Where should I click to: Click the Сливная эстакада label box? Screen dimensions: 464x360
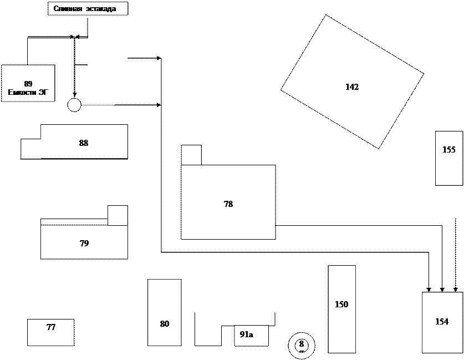88,9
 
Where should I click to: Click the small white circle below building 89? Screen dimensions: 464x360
74,105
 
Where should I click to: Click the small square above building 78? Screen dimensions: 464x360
191,155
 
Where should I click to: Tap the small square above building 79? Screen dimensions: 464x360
118,215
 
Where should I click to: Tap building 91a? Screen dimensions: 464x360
251,335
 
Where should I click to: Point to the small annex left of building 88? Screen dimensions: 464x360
30,149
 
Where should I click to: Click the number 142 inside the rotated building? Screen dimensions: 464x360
352,87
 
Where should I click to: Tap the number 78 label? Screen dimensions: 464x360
228,204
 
